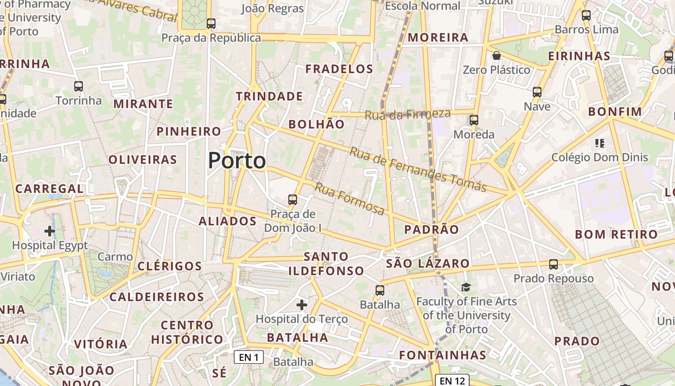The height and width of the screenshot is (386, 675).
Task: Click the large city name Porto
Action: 237,161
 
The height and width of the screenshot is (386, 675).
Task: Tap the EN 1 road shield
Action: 249,357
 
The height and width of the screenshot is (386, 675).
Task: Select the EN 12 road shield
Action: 452,381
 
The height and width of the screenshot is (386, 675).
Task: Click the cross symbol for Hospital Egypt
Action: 49,231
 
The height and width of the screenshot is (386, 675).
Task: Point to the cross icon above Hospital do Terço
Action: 302,305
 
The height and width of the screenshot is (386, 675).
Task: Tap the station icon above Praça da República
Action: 211,23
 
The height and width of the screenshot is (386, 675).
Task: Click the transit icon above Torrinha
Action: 79,86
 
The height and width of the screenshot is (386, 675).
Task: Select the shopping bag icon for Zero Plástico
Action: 497,55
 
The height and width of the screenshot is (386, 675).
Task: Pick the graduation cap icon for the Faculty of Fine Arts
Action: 466,288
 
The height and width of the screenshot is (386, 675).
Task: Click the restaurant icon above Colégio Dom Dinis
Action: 600,143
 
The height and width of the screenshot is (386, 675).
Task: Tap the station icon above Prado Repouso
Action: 553,264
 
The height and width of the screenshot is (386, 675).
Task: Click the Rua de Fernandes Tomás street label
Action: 418,169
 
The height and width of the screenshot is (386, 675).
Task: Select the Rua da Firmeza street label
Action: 407,114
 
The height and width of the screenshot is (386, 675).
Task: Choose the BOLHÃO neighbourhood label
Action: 316,124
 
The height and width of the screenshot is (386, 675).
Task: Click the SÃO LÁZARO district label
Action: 428,263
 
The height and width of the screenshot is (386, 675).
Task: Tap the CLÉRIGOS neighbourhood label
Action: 170,266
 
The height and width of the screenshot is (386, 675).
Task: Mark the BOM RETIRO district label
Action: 616,235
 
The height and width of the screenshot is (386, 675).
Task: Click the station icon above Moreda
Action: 474,120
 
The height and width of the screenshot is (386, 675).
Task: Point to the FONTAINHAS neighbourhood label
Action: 443,356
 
